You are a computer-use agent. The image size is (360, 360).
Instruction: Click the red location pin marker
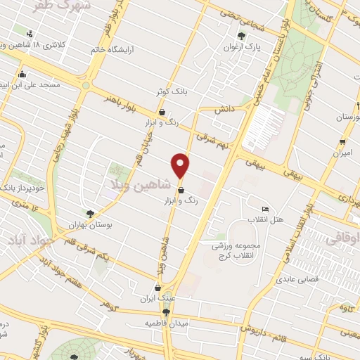(181, 166)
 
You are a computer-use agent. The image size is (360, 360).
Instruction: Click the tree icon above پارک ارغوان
(242, 36)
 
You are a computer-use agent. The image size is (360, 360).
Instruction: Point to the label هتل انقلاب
(269, 220)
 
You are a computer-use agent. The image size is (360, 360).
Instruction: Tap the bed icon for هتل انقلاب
(264, 209)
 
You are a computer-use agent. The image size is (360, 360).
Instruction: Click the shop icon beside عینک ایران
(157, 288)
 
